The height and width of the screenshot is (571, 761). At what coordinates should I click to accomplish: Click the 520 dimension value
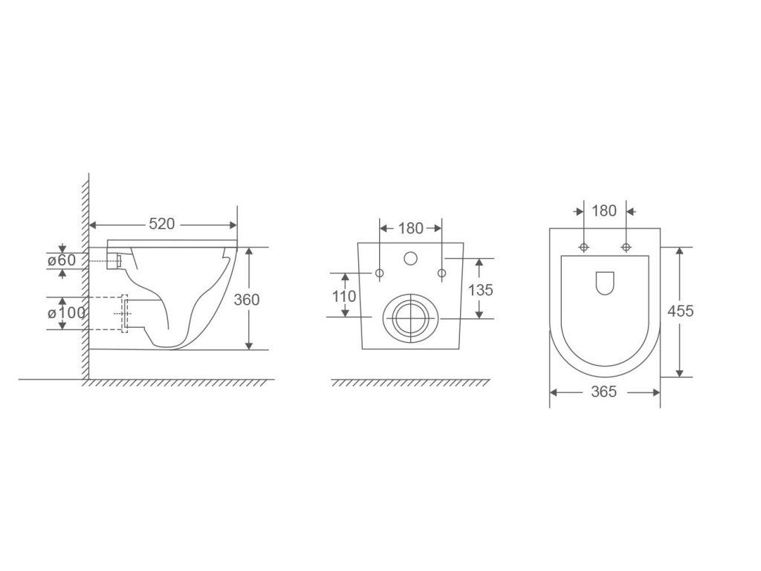[161, 224]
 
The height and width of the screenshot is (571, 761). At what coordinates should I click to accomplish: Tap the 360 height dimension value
[247, 300]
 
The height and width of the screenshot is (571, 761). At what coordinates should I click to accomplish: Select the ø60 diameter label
[62, 260]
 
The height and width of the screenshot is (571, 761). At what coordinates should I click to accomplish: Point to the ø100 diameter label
[66, 313]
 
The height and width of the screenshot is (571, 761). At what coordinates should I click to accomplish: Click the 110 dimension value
[344, 296]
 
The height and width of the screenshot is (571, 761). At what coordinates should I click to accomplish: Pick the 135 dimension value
[481, 290]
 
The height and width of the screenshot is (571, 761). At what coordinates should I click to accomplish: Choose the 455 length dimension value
[681, 311]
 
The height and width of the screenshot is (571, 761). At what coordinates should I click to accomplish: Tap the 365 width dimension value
[603, 391]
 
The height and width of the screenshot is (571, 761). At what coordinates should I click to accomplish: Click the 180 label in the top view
[604, 210]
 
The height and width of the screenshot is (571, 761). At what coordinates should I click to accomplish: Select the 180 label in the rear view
[410, 228]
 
